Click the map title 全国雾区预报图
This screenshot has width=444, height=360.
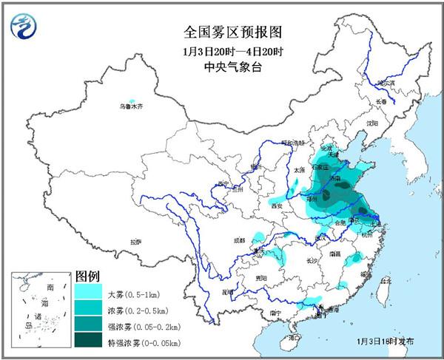223,33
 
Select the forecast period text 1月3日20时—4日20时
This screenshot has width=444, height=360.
223,51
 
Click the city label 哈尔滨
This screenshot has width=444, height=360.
388,83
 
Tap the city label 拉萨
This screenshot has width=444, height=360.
135,242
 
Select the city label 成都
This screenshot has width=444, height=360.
238,240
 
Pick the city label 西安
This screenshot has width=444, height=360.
277,206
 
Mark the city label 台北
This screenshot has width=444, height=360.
385,281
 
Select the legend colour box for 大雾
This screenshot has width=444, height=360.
89,293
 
